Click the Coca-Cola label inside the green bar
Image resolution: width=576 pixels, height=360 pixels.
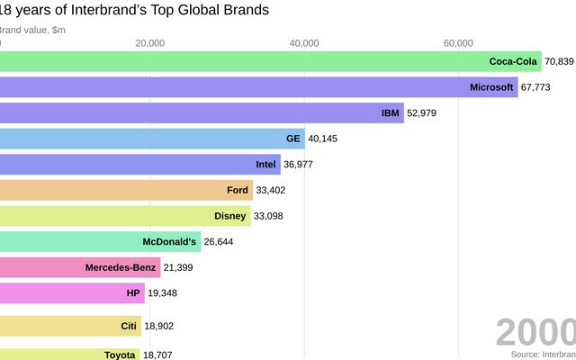[x=512, y=61]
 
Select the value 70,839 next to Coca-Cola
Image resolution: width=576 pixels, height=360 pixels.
[x=559, y=61]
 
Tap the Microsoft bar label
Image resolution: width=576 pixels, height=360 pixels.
[x=491, y=87]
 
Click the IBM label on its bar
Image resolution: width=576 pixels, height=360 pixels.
[x=391, y=112]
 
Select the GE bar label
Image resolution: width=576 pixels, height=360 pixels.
[x=292, y=139]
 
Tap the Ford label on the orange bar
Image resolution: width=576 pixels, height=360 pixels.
[x=238, y=190]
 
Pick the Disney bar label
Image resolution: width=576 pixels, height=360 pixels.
[x=230, y=216]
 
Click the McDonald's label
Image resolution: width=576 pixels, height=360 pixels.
[x=169, y=241]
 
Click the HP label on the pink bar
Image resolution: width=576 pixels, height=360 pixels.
[x=134, y=292]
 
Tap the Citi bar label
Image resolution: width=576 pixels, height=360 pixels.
[x=129, y=326]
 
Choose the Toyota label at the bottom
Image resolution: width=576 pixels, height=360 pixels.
[x=120, y=355]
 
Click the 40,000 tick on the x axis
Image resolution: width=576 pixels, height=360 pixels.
[x=305, y=42]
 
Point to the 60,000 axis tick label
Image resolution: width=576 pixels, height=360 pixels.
[x=459, y=42]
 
